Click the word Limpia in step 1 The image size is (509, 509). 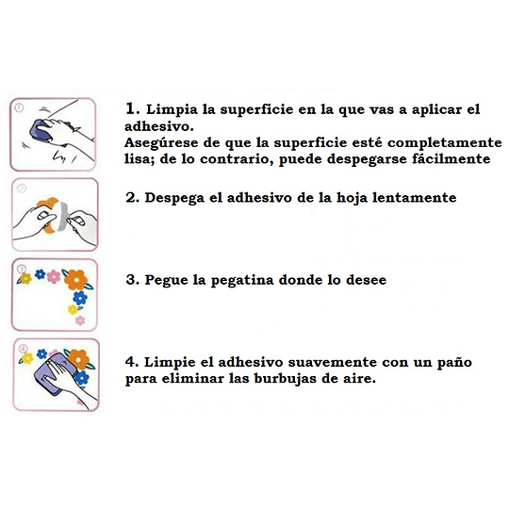pos(172,109)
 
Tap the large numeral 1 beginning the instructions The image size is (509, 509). pos(131,108)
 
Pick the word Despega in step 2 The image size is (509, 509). pos(174,198)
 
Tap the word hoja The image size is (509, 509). pos(352,198)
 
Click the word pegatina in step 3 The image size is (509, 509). pos(242,280)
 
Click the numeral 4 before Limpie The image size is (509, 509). pos(130,362)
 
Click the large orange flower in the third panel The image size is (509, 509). pos(76,279)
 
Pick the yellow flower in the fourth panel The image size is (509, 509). pos(27,358)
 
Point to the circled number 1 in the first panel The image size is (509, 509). pos(19,107)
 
